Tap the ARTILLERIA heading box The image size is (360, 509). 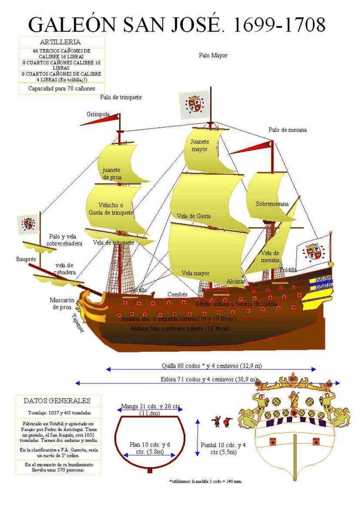(60, 42)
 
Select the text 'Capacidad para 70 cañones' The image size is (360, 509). (60, 88)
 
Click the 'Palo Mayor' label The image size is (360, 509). (213, 55)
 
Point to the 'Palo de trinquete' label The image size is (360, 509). (121, 97)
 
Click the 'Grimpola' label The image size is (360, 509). (98, 115)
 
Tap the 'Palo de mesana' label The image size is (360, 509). (287, 130)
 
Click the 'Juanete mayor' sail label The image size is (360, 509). (200, 145)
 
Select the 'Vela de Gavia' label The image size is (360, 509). (194, 216)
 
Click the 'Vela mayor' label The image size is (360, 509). (195, 272)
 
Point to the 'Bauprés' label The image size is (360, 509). (26, 259)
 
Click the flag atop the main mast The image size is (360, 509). (194, 104)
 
